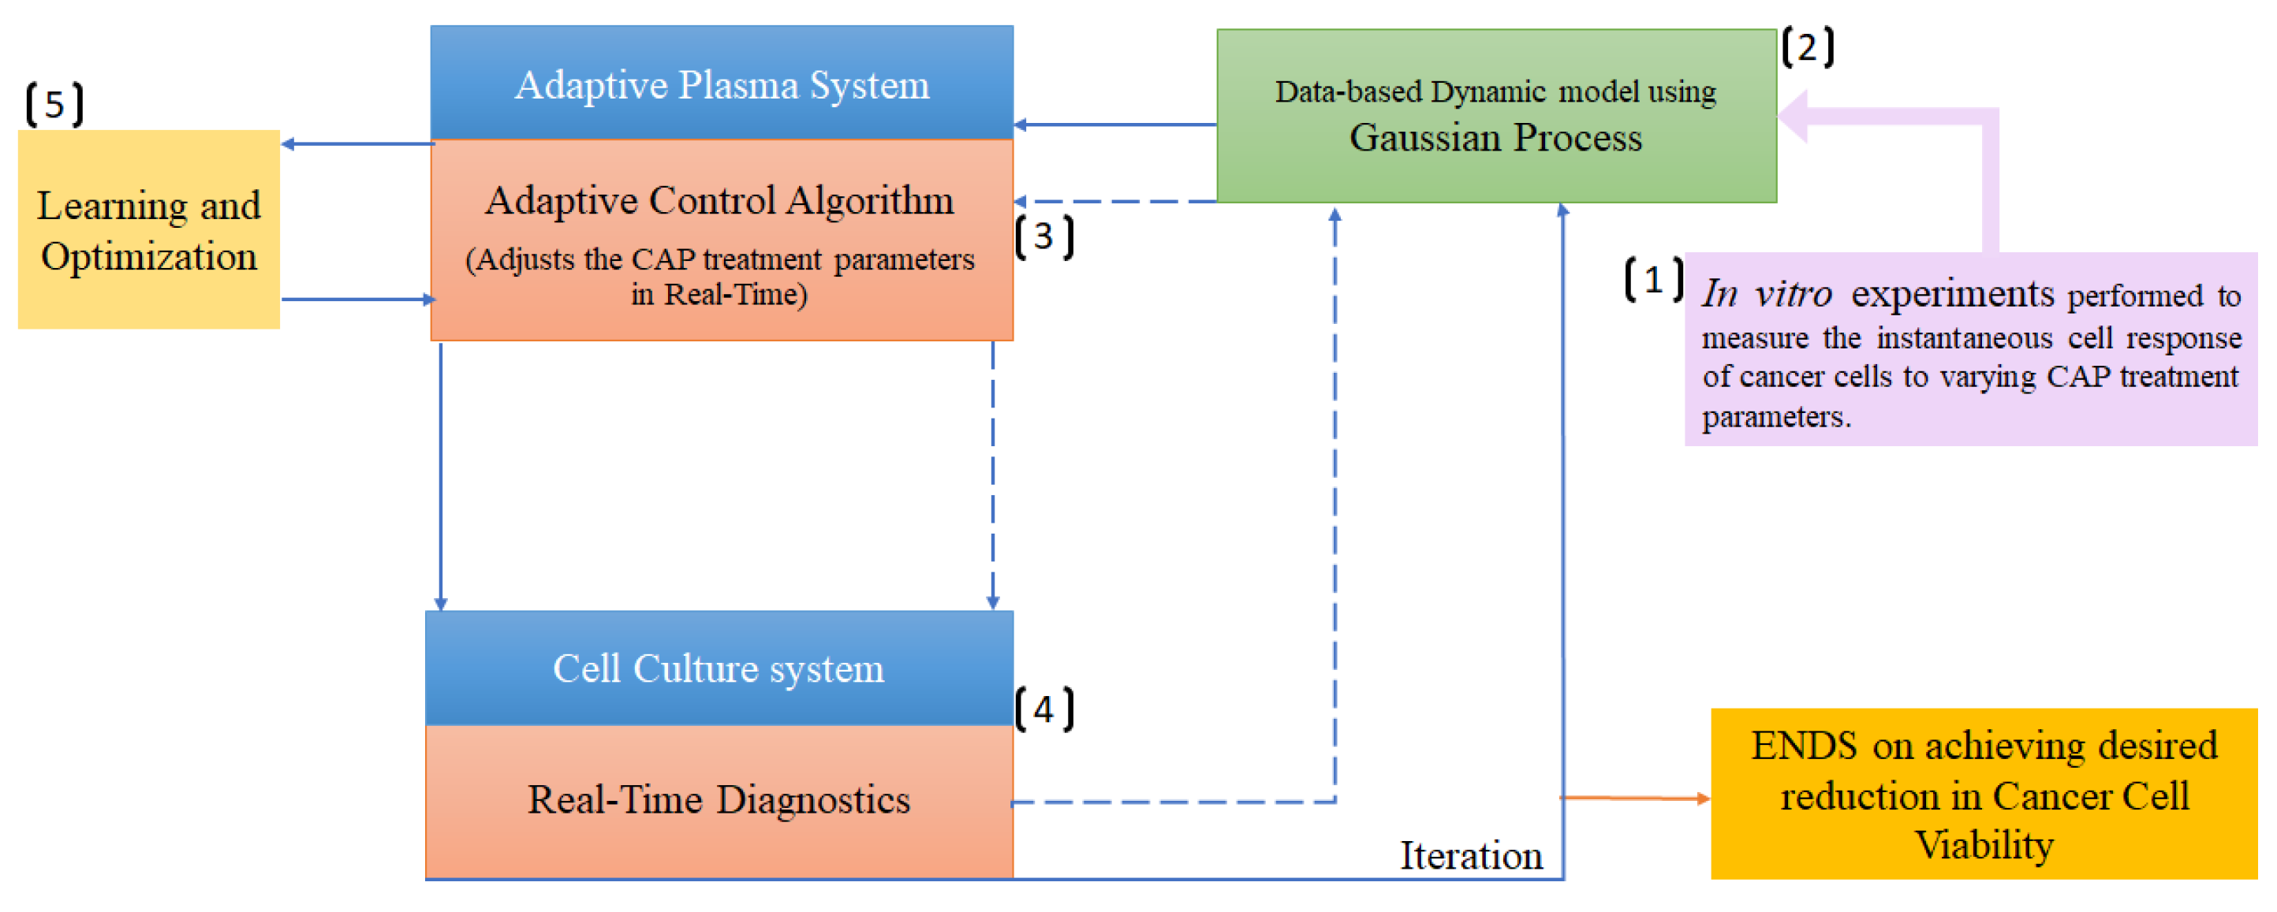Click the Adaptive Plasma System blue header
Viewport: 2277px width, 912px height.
pyautogui.click(x=722, y=84)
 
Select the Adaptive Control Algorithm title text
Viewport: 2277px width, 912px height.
pyautogui.click(x=719, y=200)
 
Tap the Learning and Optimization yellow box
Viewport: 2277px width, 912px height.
pyautogui.click(x=148, y=229)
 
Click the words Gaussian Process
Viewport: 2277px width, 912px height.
pyautogui.click(x=1495, y=138)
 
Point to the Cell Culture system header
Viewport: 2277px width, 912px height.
pyautogui.click(x=719, y=668)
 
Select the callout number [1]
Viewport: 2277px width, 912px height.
pyautogui.click(x=1653, y=280)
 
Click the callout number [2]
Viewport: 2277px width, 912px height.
pyautogui.click(x=1807, y=47)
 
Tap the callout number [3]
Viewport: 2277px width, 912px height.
pyautogui.click(x=1044, y=236)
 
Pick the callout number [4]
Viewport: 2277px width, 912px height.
pyautogui.click(x=1044, y=709)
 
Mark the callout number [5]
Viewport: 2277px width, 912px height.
pyautogui.click(x=54, y=105)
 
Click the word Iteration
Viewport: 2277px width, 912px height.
pyautogui.click(x=1471, y=855)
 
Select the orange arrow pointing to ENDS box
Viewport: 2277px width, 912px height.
pyautogui.click(x=1635, y=798)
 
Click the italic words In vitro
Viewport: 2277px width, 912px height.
pyautogui.click(x=1766, y=293)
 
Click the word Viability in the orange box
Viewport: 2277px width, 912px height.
pyautogui.click(x=1984, y=846)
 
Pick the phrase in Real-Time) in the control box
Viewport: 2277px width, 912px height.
pyautogui.click(x=719, y=294)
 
